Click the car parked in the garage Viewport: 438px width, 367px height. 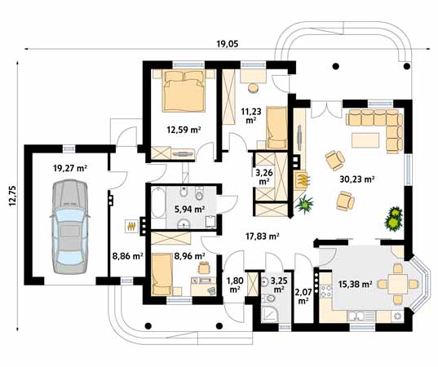click(70, 227)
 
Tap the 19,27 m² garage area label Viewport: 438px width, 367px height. click(70, 168)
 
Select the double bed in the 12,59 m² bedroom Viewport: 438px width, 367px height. click(184, 91)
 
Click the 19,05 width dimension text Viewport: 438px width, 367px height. click(228, 44)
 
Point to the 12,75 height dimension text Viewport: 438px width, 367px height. click(12, 196)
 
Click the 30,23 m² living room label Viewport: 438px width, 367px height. click(356, 179)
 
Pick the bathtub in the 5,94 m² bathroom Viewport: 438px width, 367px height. click(158, 202)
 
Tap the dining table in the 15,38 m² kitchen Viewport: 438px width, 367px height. click(397, 284)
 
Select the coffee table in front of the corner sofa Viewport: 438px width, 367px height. click(365, 140)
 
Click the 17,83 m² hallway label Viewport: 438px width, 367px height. click(263, 237)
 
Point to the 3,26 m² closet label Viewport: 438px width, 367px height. click(264, 177)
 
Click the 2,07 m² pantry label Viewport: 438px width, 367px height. click(303, 297)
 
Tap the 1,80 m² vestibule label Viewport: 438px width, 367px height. click(235, 285)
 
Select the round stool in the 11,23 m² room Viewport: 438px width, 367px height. click(254, 88)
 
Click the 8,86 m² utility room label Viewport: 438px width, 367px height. click(128, 255)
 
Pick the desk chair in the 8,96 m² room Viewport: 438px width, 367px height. click(204, 268)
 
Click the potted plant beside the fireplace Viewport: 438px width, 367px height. click(304, 204)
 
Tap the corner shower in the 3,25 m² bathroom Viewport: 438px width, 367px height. click(270, 315)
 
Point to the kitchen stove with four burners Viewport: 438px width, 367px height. click(326, 291)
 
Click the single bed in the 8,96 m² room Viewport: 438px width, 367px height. click(161, 274)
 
